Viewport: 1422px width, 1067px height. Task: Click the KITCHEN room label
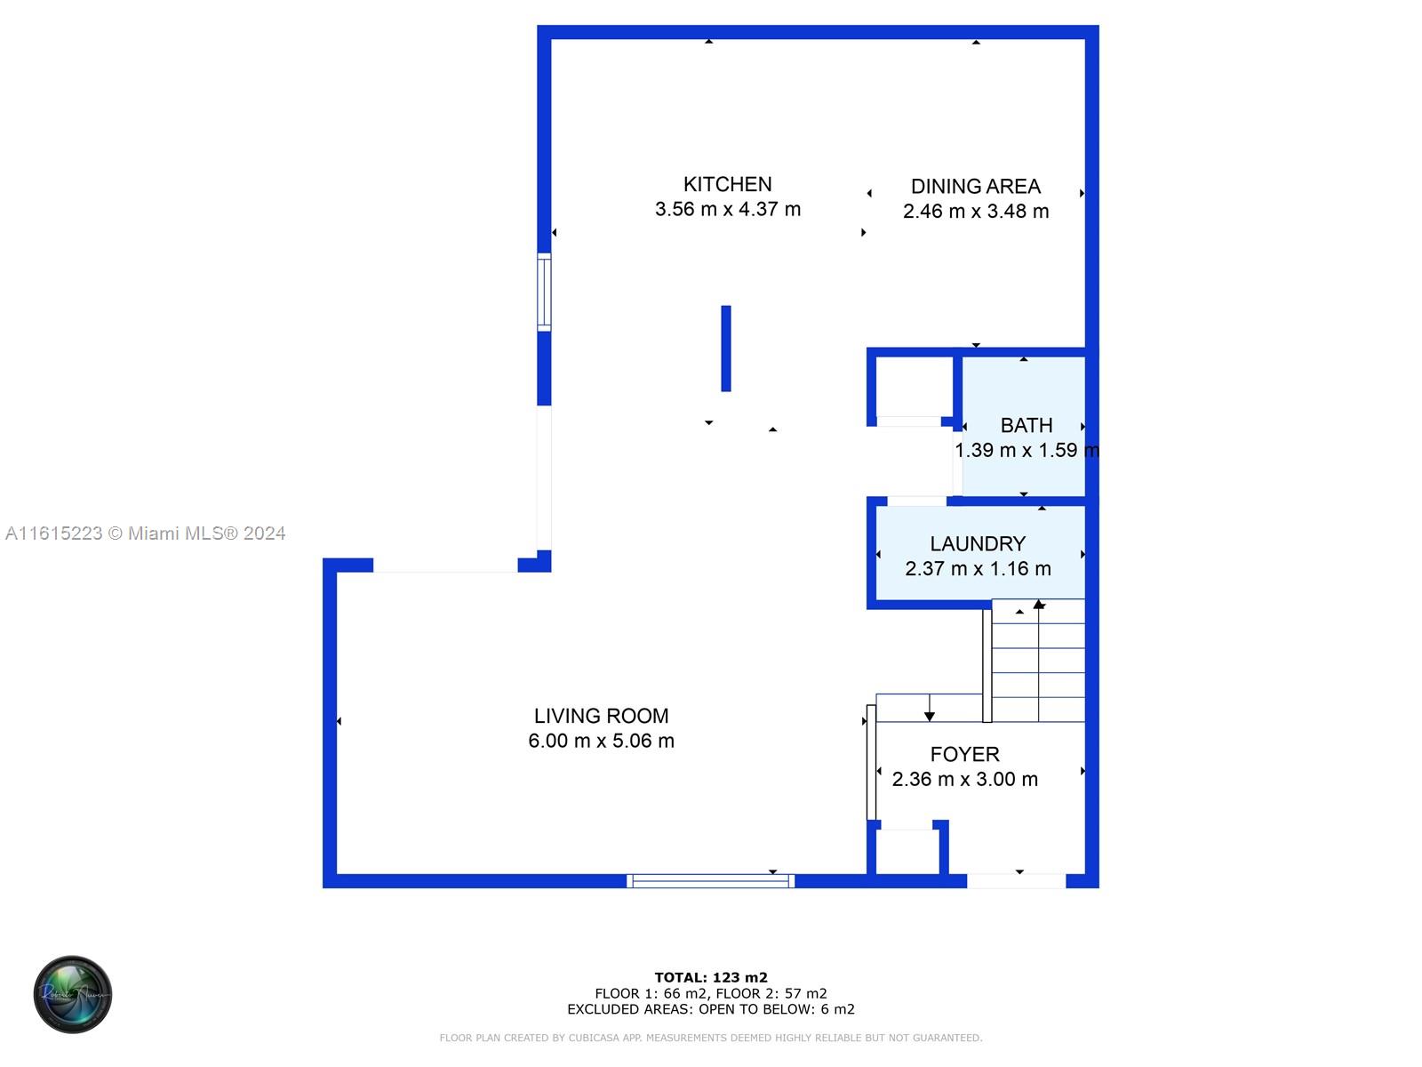pyautogui.click(x=727, y=184)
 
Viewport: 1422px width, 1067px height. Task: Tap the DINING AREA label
pyautogui.click(x=975, y=187)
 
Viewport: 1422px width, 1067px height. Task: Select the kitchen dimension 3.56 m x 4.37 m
pyautogui.click(x=727, y=210)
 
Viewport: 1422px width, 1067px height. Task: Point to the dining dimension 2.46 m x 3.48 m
pyautogui.click(x=975, y=212)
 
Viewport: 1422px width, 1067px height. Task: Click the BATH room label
pyautogui.click(x=1026, y=426)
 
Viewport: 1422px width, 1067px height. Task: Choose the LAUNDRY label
pyautogui.click(x=977, y=543)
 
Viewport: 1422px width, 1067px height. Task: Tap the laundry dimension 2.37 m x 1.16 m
pyautogui.click(x=977, y=569)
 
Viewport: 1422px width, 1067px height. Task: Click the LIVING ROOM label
pyautogui.click(x=601, y=716)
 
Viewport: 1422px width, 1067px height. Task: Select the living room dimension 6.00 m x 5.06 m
pyautogui.click(x=601, y=741)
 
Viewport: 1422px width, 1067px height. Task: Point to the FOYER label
pyautogui.click(x=964, y=754)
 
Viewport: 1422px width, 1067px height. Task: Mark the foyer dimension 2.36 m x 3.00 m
pyautogui.click(x=964, y=780)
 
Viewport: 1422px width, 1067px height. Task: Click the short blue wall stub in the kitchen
pyautogui.click(x=726, y=349)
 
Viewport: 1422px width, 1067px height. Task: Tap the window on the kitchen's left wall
pyautogui.click(x=544, y=293)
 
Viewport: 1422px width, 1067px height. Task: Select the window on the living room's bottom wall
pyautogui.click(x=710, y=881)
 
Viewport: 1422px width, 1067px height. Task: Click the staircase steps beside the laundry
pyautogui.click(x=1038, y=662)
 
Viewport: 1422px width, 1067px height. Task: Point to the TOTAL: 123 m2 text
pyautogui.click(x=710, y=978)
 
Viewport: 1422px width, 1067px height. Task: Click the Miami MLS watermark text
pyautogui.click(x=146, y=533)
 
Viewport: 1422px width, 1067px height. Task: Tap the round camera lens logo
pyautogui.click(x=73, y=994)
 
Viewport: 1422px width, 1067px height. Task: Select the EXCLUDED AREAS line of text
pyautogui.click(x=710, y=1009)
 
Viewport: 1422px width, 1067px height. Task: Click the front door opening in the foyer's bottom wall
pyautogui.click(x=1016, y=881)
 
